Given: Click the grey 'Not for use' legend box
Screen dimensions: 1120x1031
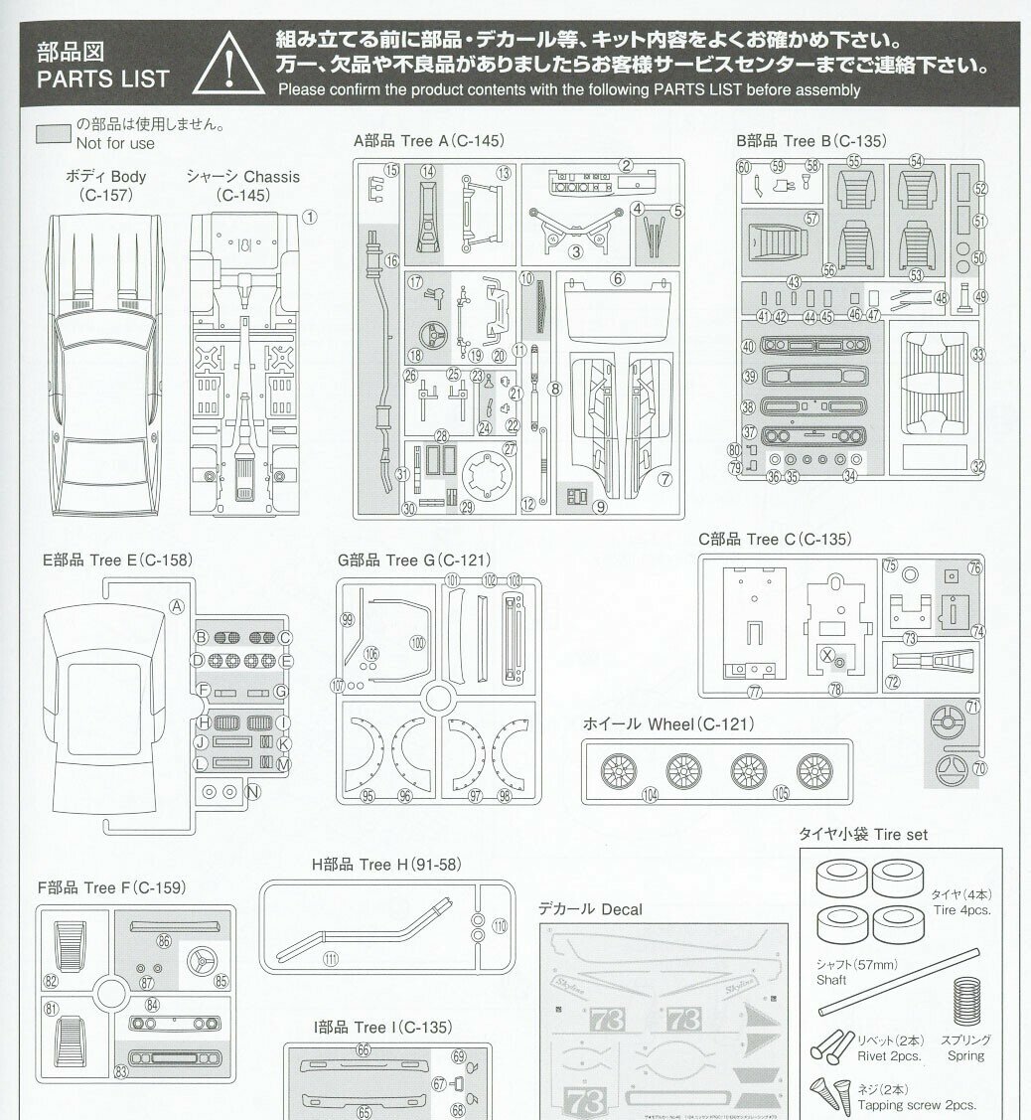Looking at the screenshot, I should pyautogui.click(x=53, y=134).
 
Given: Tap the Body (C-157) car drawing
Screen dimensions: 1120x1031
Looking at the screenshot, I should pyautogui.click(x=105, y=358).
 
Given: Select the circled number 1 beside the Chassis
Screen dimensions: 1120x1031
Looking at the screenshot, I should pyautogui.click(x=309, y=216).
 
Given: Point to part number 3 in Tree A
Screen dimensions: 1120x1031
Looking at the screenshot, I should pyautogui.click(x=574, y=251).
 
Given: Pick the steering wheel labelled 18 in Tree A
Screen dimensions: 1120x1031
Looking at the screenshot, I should pyautogui.click(x=429, y=334).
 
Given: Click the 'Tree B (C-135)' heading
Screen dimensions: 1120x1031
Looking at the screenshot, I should pyautogui.click(x=811, y=141).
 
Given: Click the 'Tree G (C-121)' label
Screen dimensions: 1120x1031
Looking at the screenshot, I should pyautogui.click(x=414, y=560).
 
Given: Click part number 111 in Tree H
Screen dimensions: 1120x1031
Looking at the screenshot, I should pyautogui.click(x=330, y=958).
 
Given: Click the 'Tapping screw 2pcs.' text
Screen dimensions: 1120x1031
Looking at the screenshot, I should pyautogui.click(x=916, y=1105).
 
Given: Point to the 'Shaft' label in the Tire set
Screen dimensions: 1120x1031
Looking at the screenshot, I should pyautogui.click(x=831, y=980).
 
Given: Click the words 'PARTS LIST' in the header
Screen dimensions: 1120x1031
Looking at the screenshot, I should pyautogui.click(x=102, y=79).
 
